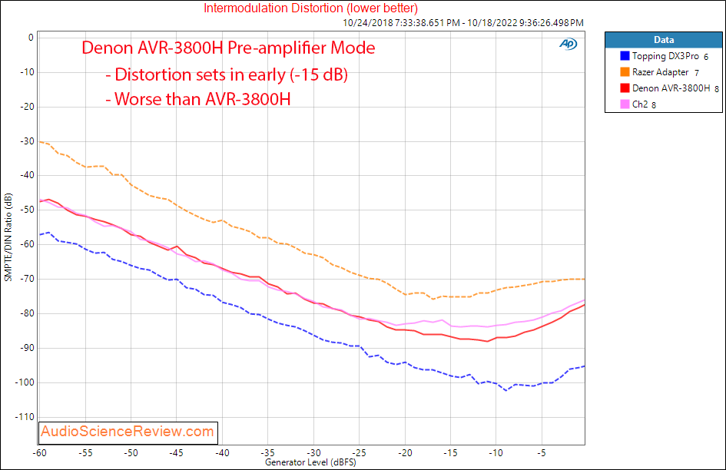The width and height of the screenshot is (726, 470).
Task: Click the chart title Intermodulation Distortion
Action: [x=310, y=8]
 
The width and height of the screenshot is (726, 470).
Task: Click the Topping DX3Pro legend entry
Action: [x=665, y=56]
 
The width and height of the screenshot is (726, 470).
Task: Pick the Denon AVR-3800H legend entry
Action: [x=671, y=88]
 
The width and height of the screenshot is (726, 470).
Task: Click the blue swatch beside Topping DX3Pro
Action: [x=625, y=56]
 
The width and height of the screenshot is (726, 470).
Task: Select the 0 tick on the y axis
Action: [x=30, y=37]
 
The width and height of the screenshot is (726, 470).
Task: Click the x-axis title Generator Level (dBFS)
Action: [x=310, y=463]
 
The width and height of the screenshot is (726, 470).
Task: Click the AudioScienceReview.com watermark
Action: [x=128, y=432]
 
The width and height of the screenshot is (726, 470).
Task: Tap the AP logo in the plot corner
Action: [x=568, y=45]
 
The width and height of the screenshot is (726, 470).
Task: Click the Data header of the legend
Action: [x=664, y=40]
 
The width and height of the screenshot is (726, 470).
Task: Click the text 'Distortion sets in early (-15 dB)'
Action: [x=230, y=75]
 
